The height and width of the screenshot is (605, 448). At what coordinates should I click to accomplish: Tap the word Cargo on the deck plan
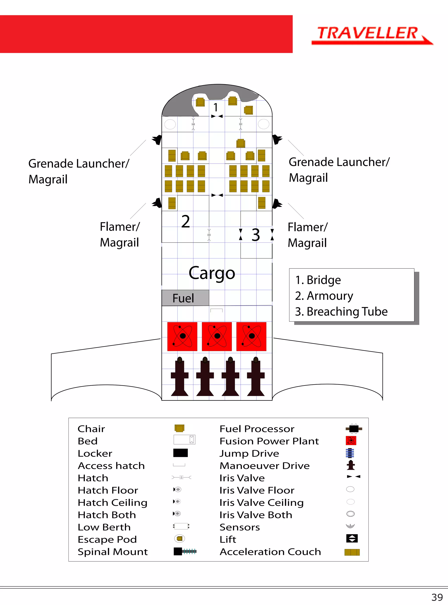(212, 273)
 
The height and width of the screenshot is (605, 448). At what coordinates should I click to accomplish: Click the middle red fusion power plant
(217, 337)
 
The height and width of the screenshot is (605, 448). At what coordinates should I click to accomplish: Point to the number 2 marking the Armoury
(185, 222)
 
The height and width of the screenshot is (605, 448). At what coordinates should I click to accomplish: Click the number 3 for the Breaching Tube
(255, 235)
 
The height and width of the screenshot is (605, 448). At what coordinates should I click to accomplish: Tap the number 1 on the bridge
(216, 107)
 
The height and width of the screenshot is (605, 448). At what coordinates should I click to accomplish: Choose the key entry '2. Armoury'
(324, 296)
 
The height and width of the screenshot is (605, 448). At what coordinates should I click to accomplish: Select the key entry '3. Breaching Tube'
(341, 312)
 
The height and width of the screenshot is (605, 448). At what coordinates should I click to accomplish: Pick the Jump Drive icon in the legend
(350, 453)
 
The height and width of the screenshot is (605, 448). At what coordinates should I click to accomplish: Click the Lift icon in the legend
(352, 538)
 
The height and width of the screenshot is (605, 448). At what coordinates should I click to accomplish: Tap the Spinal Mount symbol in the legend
(185, 551)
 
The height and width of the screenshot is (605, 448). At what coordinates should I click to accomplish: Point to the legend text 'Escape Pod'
(107, 539)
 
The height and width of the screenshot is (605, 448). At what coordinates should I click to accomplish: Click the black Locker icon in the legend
(180, 453)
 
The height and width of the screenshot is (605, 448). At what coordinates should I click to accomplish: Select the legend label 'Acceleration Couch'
(270, 552)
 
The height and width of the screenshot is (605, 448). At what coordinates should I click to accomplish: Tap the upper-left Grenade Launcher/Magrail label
(79, 171)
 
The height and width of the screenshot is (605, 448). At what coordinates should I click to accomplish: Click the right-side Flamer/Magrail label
(308, 235)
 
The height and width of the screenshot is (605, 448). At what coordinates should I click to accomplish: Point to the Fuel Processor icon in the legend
(354, 429)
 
